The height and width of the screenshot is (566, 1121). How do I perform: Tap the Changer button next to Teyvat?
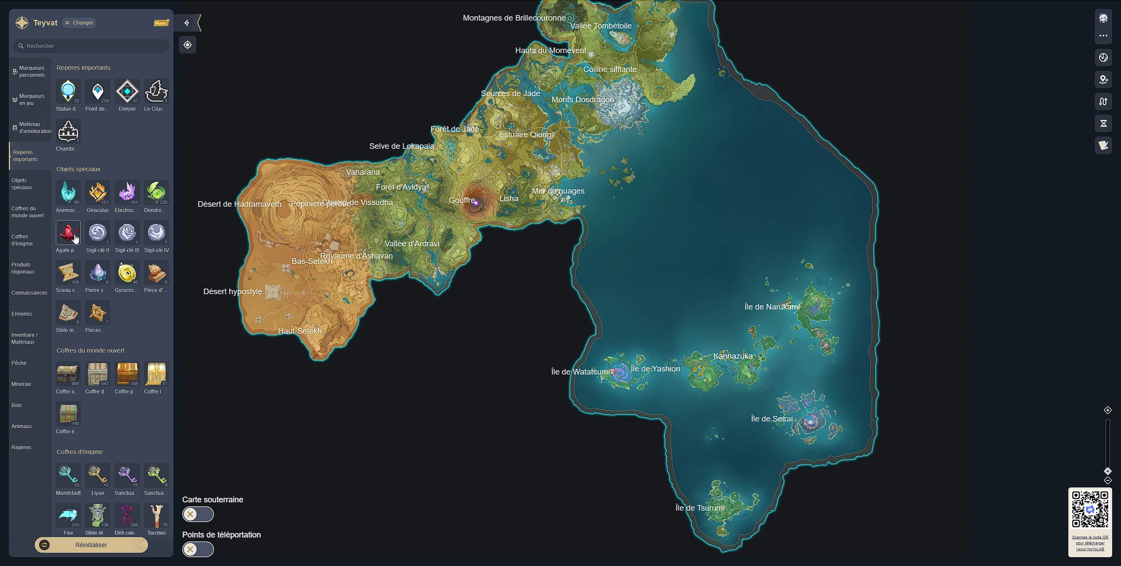[80, 23]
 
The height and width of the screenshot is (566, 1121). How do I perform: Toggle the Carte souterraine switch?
[198, 514]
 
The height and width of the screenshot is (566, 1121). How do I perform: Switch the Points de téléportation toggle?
[198, 549]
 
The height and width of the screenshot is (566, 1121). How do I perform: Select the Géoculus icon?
[98, 193]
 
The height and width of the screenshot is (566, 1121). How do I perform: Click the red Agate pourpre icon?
[68, 233]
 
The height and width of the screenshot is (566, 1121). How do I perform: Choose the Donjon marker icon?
[127, 91]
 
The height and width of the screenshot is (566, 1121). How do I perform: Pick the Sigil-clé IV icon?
[156, 233]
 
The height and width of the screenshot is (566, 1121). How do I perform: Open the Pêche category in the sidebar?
[19, 363]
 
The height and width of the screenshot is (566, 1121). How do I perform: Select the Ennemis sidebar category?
[22, 314]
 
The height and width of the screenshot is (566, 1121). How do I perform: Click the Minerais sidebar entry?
[22, 384]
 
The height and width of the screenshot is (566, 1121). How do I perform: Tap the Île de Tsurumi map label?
[700, 508]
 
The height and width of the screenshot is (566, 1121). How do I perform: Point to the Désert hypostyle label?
[233, 292]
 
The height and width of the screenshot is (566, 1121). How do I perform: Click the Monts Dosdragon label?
[582, 100]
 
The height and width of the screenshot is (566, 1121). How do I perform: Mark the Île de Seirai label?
[772, 419]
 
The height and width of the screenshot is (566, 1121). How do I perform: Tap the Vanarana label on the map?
[363, 172]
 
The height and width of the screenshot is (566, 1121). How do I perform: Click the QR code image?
[1090, 509]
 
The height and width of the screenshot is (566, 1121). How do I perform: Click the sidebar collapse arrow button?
[187, 23]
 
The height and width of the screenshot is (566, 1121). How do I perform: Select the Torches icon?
[156, 516]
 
